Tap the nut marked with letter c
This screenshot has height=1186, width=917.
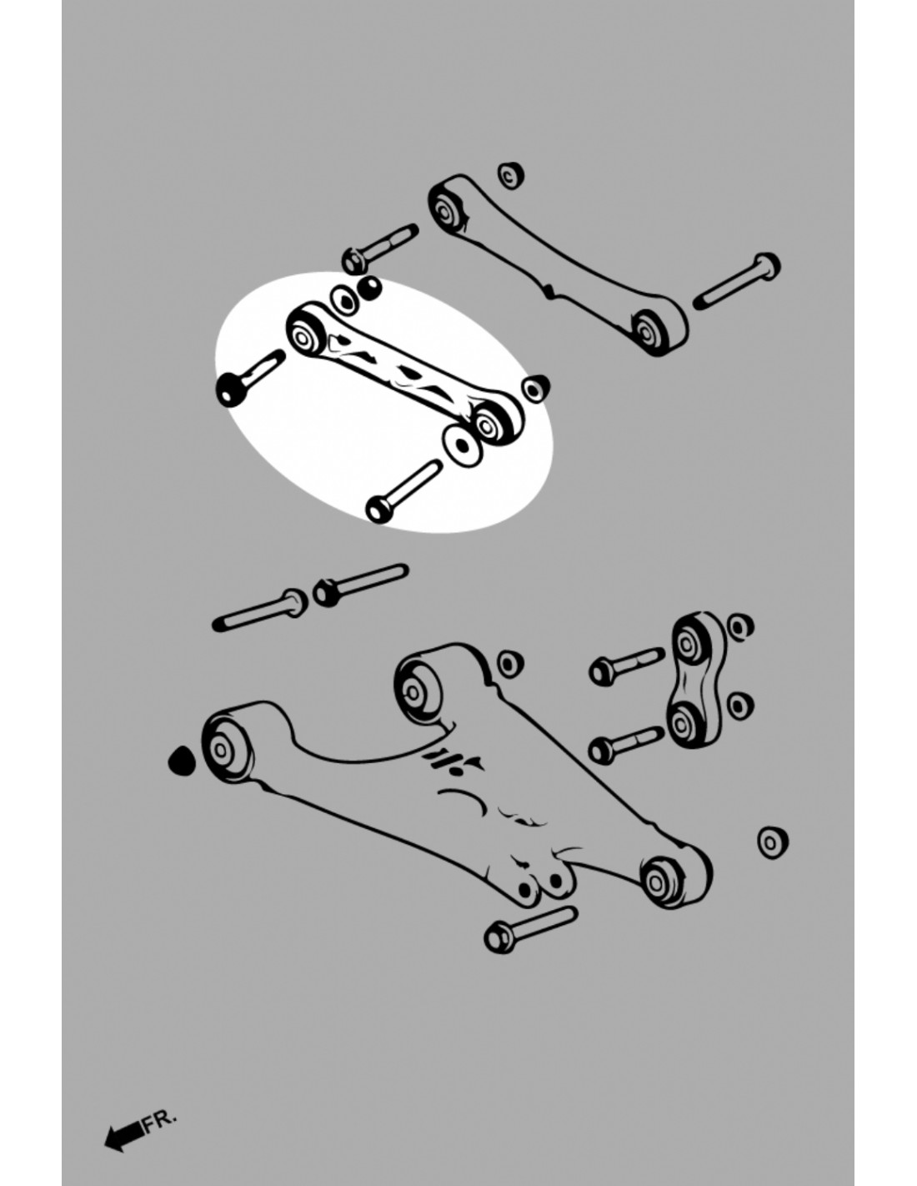pyautogui.click(x=510, y=176)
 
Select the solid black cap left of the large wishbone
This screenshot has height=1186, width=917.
pyautogui.click(x=181, y=761)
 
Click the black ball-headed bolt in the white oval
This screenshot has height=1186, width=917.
pyautogui.click(x=249, y=378)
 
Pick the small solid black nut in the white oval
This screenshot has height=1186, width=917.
pyautogui.click(x=370, y=289)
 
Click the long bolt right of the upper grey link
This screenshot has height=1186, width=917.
pyautogui.click(x=736, y=282)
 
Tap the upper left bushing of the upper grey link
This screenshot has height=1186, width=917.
pyautogui.click(x=445, y=210)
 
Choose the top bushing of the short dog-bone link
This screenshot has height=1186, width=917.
pyautogui.click(x=689, y=644)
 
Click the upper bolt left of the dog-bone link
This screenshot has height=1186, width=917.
pyautogui.click(x=627, y=666)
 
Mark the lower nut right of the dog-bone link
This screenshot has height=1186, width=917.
pyautogui.click(x=740, y=706)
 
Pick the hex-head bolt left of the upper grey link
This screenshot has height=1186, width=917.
pyautogui.click(x=380, y=249)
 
